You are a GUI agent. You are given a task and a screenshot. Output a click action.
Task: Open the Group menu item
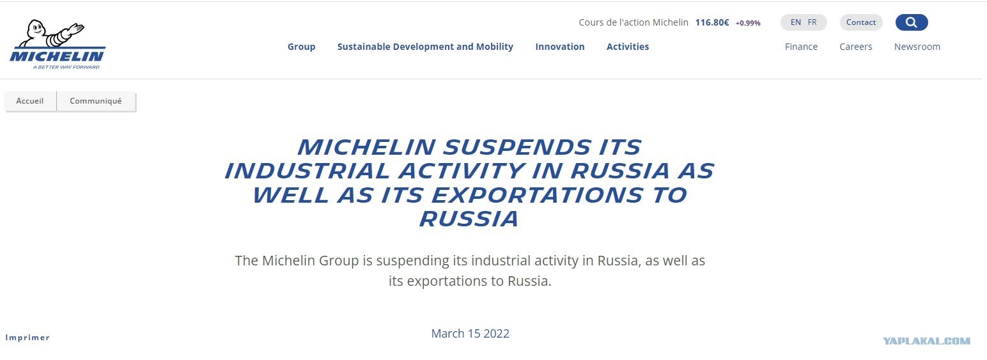[301, 47]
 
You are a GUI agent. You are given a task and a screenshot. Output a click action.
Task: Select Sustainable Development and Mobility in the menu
[425, 47]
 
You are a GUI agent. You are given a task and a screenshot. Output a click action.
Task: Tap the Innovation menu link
[559, 47]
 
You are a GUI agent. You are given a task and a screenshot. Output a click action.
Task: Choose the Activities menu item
[628, 47]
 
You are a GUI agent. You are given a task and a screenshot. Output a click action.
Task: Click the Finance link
[801, 47]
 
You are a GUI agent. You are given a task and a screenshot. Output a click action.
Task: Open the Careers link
[856, 47]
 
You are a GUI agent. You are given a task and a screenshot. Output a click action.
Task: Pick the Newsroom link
[917, 47]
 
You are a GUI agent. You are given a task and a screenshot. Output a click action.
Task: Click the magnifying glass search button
[912, 22]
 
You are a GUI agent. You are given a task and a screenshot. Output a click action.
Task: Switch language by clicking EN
[796, 22]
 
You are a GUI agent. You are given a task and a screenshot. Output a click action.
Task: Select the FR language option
[812, 22]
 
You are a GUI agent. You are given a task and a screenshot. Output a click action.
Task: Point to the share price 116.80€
[712, 22]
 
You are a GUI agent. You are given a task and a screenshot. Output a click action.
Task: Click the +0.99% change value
[748, 23]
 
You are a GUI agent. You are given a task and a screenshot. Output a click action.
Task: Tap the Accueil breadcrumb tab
[30, 101]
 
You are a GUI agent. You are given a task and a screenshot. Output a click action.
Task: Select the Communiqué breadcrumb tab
[96, 101]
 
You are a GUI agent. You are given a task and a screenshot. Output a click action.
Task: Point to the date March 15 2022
[470, 334]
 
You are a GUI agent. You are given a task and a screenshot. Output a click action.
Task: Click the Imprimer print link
[27, 338]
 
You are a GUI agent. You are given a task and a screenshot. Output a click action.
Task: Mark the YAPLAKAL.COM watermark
[927, 341]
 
